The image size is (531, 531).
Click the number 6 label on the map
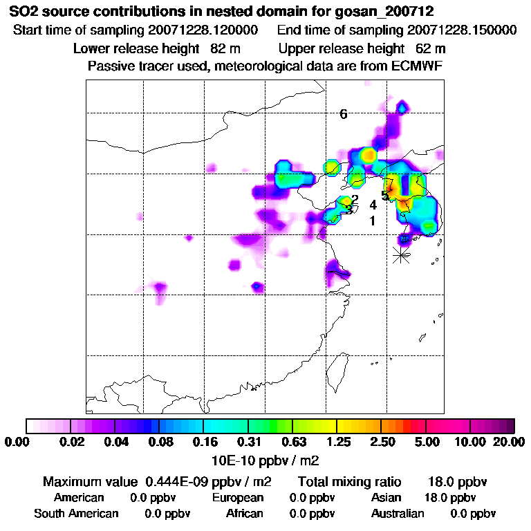[344, 115]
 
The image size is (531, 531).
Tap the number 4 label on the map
[373, 205]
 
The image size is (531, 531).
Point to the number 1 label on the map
[373, 221]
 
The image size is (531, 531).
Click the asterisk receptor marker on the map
[400, 254]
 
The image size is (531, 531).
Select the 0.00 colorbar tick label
[19, 442]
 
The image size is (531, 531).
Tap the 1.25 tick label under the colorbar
[337, 442]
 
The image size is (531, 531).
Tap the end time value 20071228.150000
[463, 31]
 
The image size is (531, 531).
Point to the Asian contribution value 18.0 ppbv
[450, 498]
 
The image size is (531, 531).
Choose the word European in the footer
[238, 498]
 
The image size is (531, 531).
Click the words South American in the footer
[76, 514]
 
